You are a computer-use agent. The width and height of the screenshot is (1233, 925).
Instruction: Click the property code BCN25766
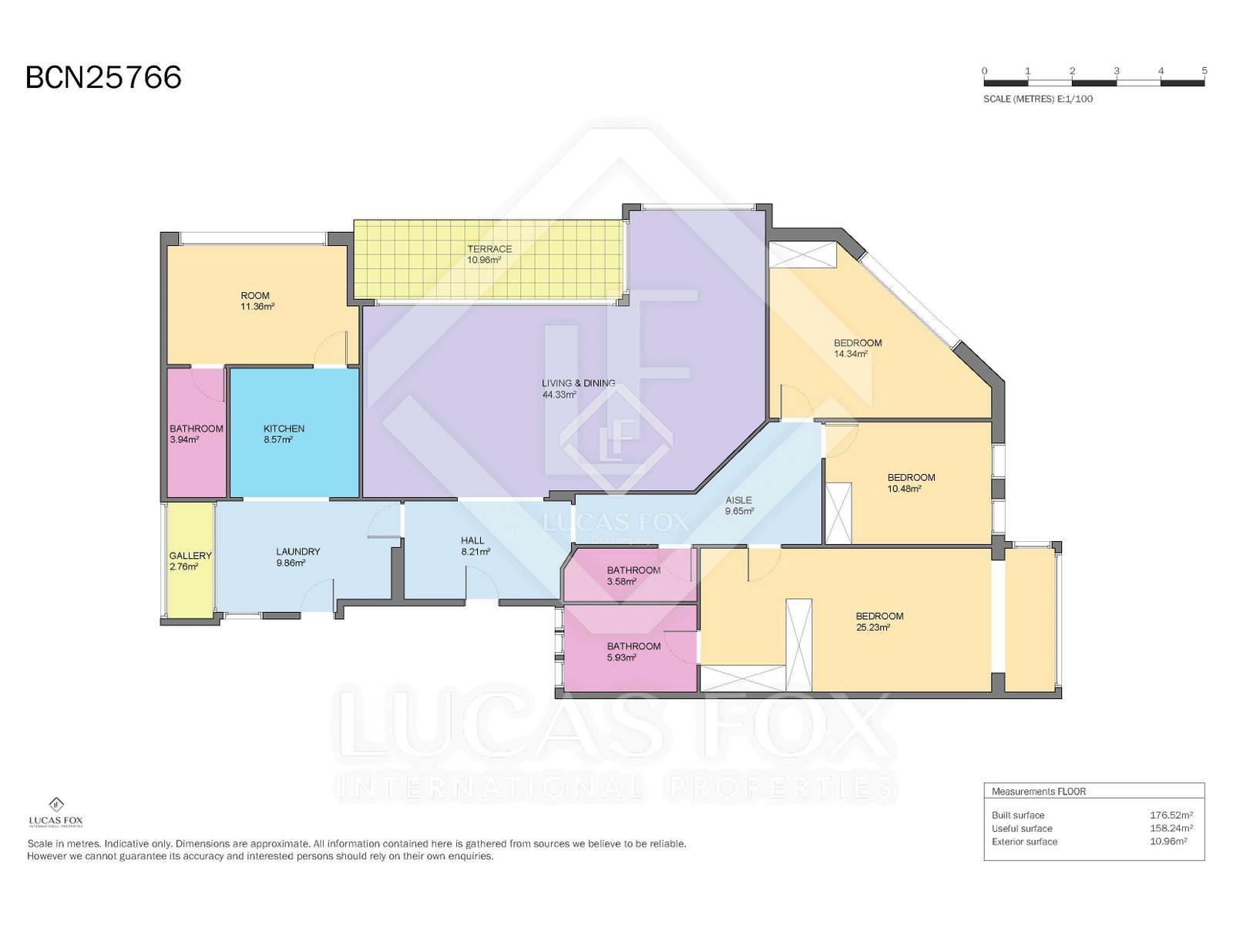click(x=104, y=78)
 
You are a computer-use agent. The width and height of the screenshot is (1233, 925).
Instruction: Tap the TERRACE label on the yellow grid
click(x=489, y=249)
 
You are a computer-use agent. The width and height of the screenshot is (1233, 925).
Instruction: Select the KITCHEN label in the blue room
click(x=284, y=429)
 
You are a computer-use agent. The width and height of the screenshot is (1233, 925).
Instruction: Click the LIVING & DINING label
click(x=578, y=383)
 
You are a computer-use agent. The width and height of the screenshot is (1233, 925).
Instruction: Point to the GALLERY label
click(x=190, y=556)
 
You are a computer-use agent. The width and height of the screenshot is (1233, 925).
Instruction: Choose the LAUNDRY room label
click(x=297, y=551)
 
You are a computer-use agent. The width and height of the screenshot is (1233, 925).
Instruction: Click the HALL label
click(x=472, y=540)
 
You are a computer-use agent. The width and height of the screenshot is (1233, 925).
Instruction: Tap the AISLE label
click(x=738, y=499)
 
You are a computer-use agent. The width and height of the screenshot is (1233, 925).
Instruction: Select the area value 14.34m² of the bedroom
click(x=851, y=354)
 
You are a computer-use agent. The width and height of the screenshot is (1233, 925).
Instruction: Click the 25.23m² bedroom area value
click(x=873, y=627)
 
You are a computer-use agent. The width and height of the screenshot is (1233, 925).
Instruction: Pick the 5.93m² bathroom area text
click(x=621, y=657)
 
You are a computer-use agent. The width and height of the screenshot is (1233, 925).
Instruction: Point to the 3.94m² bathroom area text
click(x=184, y=439)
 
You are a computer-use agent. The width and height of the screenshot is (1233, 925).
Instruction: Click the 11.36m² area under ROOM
click(x=257, y=307)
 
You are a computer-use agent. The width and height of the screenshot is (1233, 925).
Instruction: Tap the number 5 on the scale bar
click(x=1204, y=71)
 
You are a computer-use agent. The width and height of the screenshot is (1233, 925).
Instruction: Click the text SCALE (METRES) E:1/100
click(x=1038, y=99)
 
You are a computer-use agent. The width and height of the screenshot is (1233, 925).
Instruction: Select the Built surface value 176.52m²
click(x=1171, y=815)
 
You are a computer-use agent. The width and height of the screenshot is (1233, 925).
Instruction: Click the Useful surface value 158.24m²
click(x=1171, y=829)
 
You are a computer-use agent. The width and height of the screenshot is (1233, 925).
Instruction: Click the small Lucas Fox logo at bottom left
click(x=55, y=812)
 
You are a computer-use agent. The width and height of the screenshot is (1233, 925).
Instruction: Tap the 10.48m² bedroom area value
click(x=905, y=489)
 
